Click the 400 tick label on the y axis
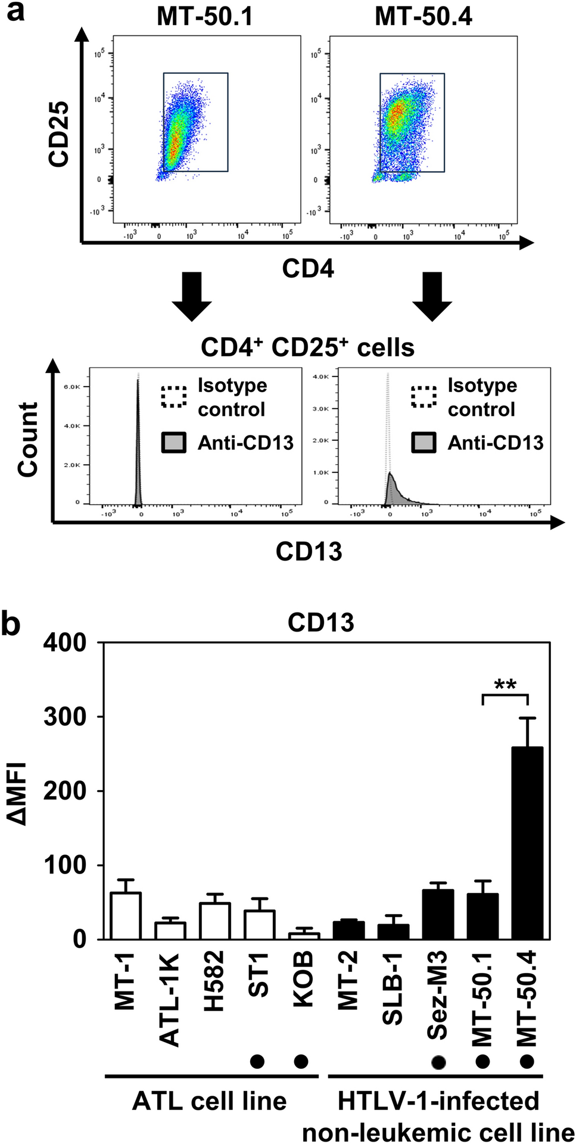[65, 643]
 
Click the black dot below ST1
[257, 1061]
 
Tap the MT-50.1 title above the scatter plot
[204, 16]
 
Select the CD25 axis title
[60, 134]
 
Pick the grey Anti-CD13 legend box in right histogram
[424, 443]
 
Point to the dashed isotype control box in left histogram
[174, 397]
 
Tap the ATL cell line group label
[209, 1101]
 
